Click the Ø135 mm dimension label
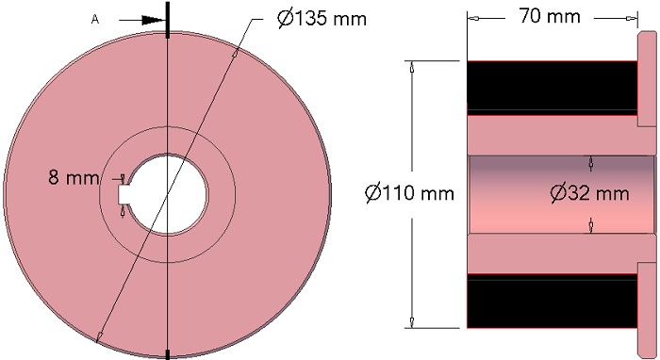[x=322, y=19]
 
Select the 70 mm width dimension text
[x=550, y=16]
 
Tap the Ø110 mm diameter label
[x=409, y=193]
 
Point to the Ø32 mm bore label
[x=589, y=193]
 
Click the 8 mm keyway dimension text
[x=74, y=177]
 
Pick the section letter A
[x=95, y=20]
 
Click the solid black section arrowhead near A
[x=153, y=20]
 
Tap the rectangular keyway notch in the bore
[x=124, y=194]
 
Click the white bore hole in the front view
[x=169, y=194]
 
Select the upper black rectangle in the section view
[x=552, y=87]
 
